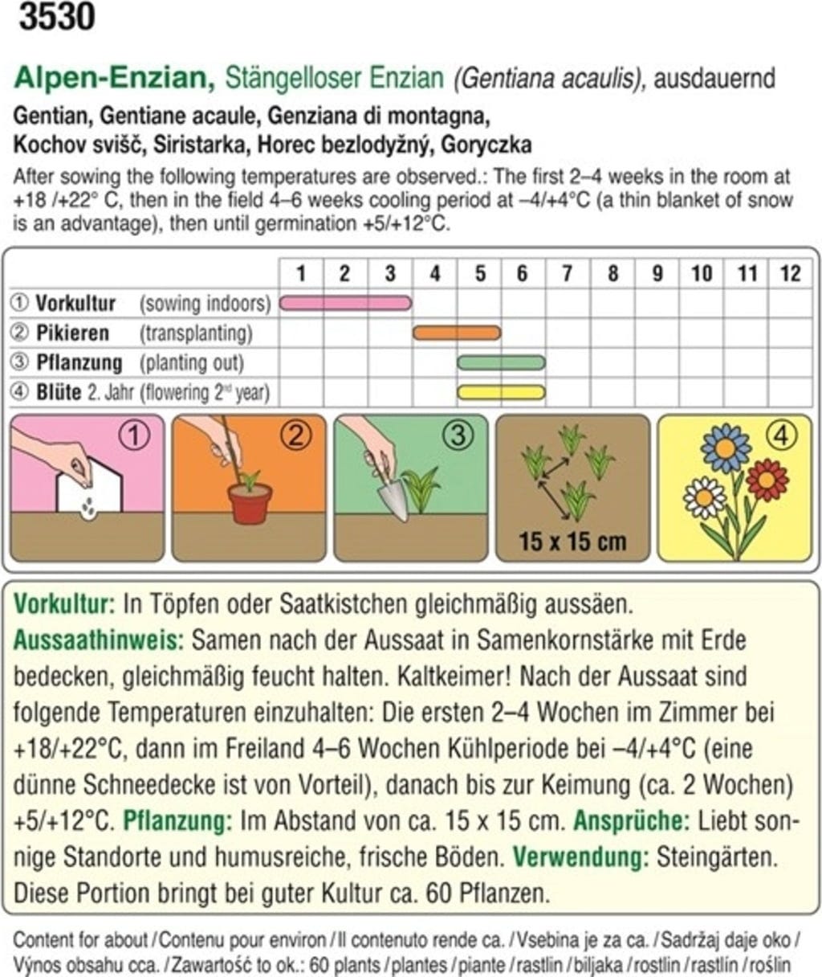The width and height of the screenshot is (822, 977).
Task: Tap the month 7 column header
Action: [x=567, y=273]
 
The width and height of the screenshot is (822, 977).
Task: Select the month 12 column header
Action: [x=790, y=273]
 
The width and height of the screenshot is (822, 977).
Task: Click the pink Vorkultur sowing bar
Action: [x=345, y=303]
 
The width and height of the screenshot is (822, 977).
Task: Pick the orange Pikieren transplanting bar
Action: [x=457, y=333]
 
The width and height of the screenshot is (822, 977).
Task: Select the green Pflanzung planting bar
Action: [x=501, y=362]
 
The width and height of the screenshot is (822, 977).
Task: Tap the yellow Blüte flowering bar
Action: [x=501, y=392]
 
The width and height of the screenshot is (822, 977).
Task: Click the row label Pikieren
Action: [x=72, y=333]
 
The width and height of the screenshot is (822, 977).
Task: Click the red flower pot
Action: [x=250, y=503]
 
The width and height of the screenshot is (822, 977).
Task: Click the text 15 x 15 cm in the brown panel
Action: [x=572, y=541]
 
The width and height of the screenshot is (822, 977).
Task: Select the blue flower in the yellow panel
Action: [x=726, y=448]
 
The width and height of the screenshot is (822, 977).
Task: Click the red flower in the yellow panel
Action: [x=767, y=480]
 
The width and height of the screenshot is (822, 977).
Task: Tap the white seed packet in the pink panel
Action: [x=88, y=490]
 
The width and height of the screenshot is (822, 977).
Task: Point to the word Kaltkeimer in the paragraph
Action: [x=454, y=677]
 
